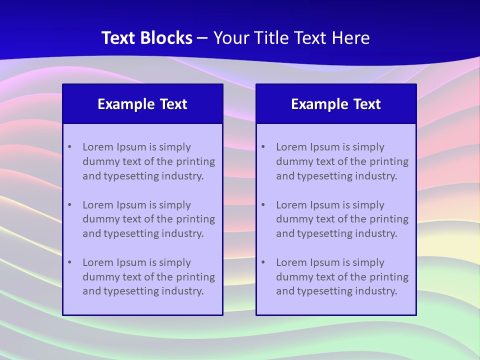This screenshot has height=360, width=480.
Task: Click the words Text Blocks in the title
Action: [147, 38]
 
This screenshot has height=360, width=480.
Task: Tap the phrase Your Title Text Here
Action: [291, 38]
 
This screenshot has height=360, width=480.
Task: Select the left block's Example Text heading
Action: [142, 104]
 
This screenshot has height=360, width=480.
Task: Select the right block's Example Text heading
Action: [336, 104]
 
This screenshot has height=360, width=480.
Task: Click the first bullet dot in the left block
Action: [69, 147]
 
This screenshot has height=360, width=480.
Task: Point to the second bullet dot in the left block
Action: [69, 205]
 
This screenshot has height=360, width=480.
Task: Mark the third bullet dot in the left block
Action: [69, 262]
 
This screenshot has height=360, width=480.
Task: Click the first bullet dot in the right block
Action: [263, 147]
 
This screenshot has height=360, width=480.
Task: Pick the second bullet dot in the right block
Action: [263, 205]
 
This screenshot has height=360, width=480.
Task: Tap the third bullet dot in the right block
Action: [263, 262]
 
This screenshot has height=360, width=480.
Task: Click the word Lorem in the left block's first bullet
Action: [98, 147]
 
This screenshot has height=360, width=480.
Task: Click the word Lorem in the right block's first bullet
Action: [291, 147]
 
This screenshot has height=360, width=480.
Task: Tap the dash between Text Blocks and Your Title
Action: [202, 38]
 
